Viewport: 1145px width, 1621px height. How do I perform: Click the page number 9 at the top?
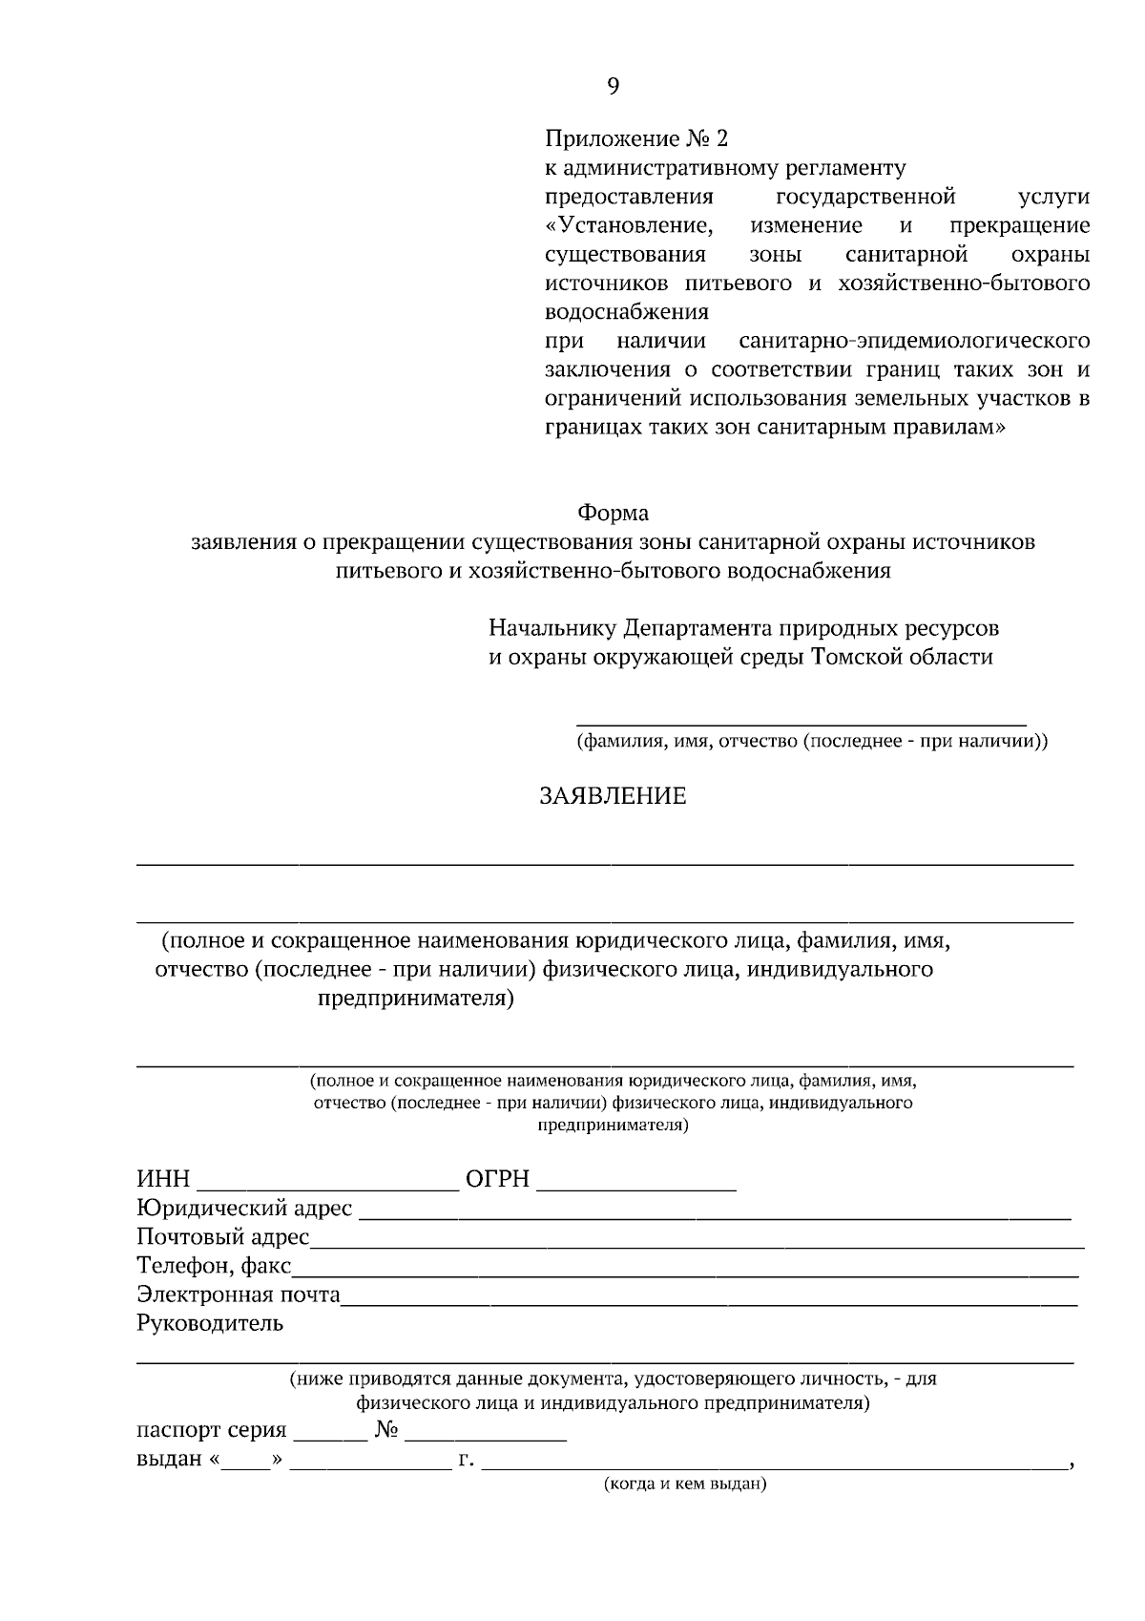click(x=613, y=87)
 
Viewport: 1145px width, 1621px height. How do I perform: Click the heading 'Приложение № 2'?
click(x=635, y=139)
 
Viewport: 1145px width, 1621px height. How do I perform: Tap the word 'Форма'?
click(x=614, y=514)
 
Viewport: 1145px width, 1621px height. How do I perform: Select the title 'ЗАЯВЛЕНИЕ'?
click(x=613, y=796)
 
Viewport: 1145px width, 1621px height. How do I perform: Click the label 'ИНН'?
click(x=163, y=1180)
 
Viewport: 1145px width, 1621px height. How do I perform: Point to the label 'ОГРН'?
click(x=496, y=1180)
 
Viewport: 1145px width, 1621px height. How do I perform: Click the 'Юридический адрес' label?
click(x=244, y=1210)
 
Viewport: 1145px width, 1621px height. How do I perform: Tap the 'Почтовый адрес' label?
click(x=222, y=1238)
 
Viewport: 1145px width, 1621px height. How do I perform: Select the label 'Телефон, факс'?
click(x=214, y=1267)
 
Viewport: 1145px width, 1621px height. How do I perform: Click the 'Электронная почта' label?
click(x=239, y=1295)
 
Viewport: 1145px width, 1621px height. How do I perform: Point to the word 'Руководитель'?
click(x=210, y=1324)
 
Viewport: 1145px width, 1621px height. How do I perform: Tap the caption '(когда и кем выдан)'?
click(x=685, y=1484)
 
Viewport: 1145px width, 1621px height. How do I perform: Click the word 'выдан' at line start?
click(x=169, y=1460)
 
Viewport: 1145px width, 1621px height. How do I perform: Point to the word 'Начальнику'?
click(x=552, y=629)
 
